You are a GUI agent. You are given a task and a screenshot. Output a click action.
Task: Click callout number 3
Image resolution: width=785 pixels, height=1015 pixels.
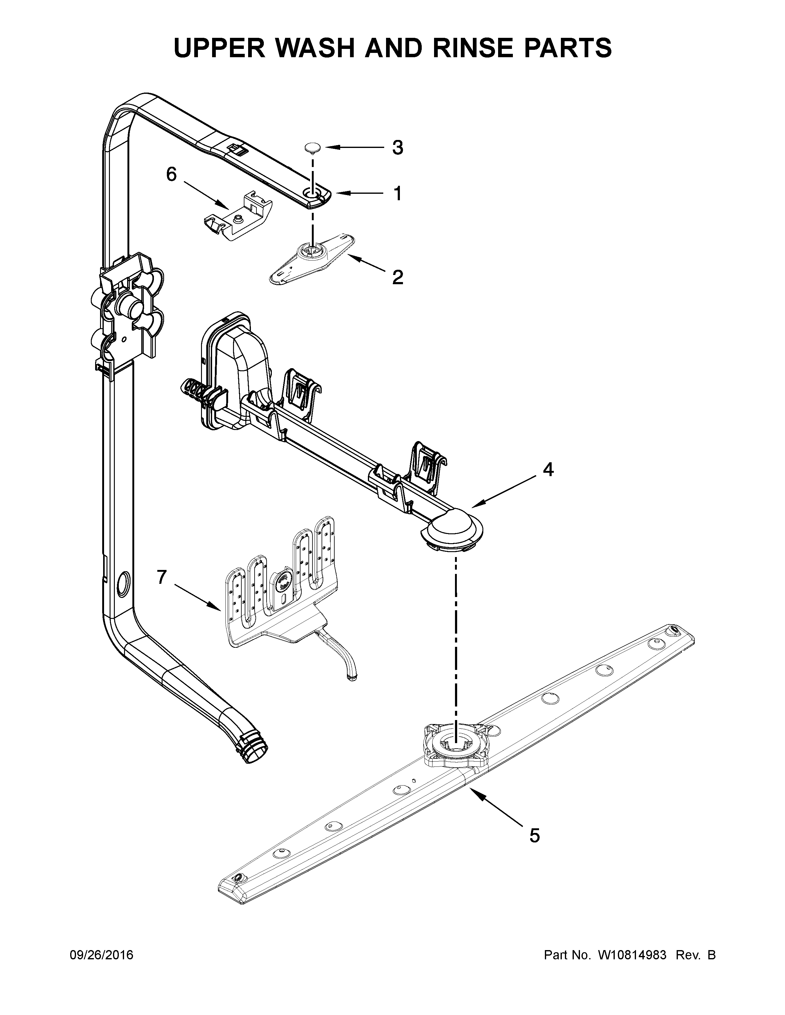coord(397,148)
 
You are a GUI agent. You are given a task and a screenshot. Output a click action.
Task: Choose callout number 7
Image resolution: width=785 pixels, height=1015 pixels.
coord(161,577)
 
